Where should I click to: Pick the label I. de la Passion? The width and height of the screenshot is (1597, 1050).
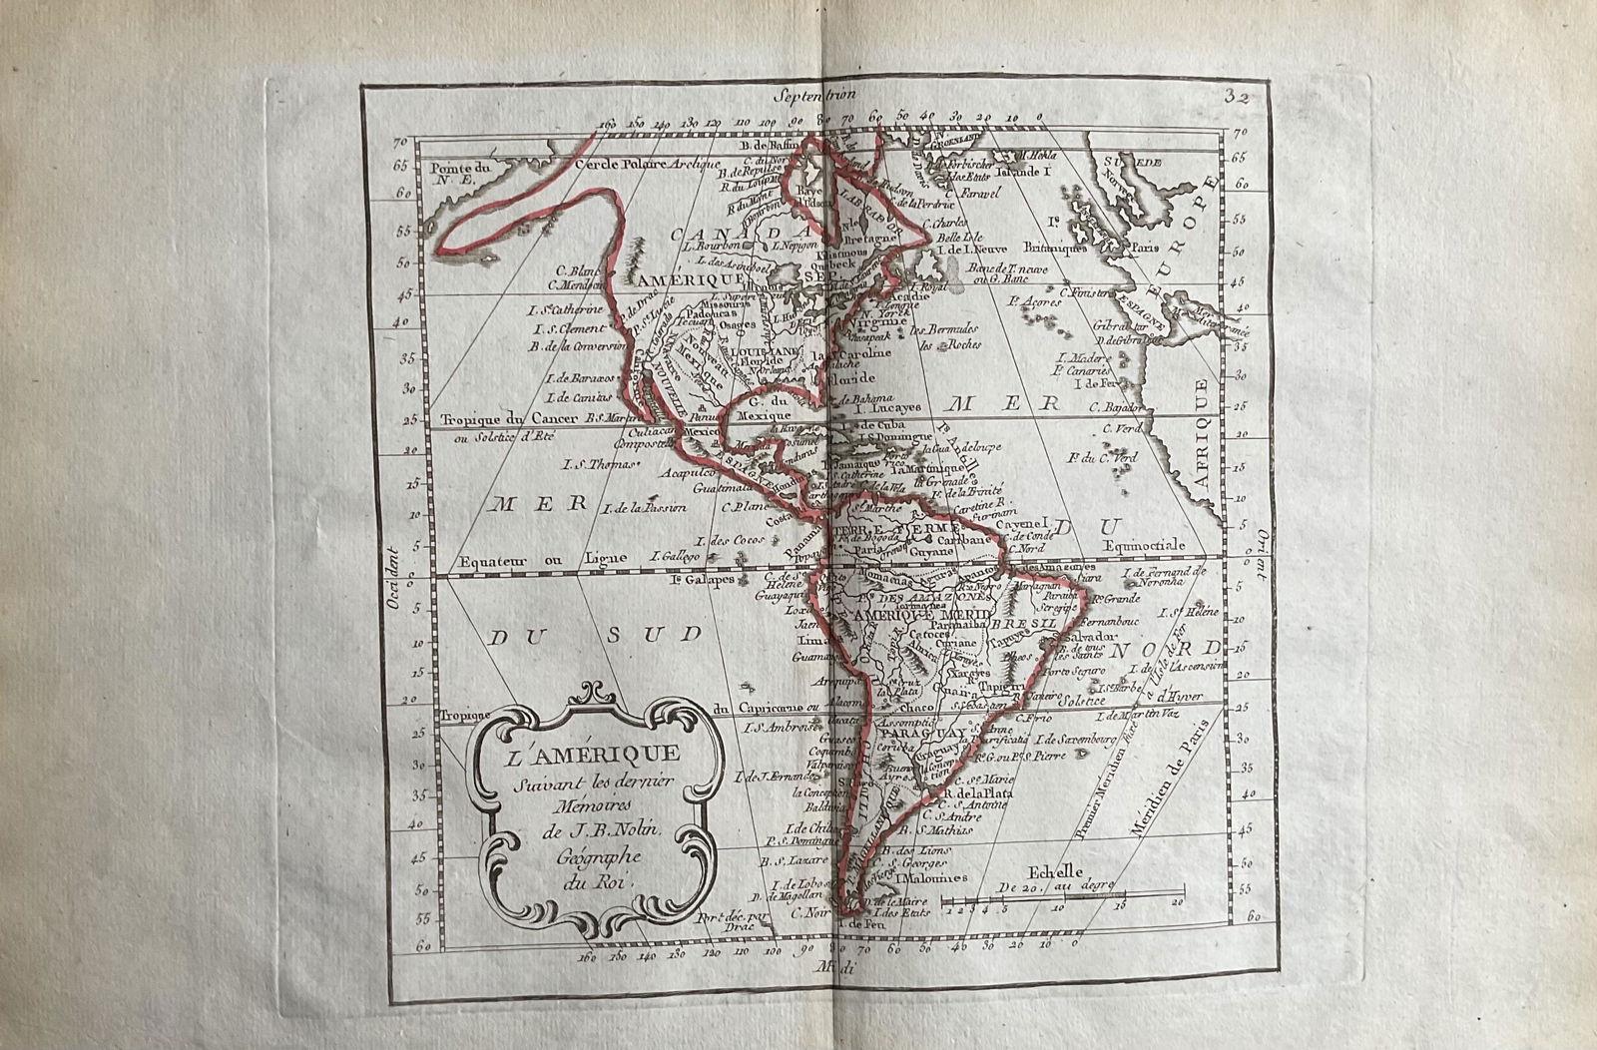[x=645, y=507]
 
